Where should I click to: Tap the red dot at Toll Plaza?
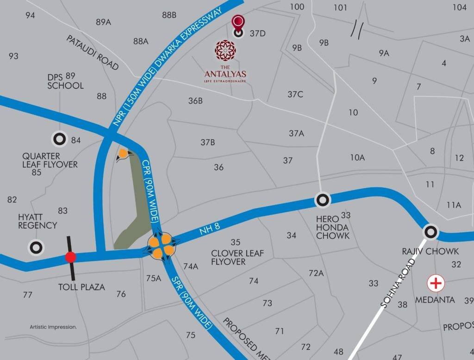coord(70,257)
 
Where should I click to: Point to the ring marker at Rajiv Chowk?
coord(431,232)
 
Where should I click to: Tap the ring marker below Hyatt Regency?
coord(36,247)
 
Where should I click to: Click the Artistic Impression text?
coord(53,327)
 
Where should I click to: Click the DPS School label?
coord(65,81)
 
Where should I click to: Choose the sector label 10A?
coord(357,158)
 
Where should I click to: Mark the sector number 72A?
coord(316,273)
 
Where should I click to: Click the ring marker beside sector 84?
coord(59,138)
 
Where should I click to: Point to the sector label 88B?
coord(169,15)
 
